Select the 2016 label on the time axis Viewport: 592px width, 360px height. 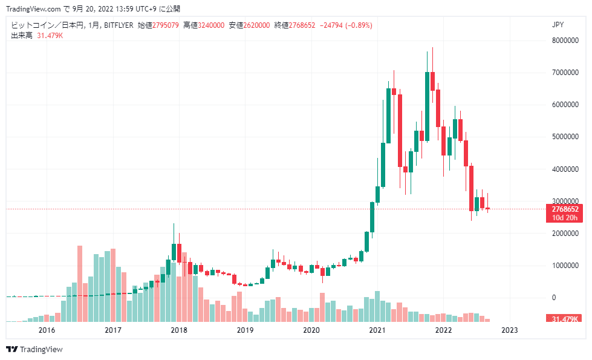[47, 330]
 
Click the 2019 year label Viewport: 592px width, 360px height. [245, 330]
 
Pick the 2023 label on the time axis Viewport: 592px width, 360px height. [510, 330]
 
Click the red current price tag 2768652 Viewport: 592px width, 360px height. [565, 209]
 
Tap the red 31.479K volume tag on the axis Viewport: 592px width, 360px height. [564, 319]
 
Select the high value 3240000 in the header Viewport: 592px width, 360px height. [212, 25]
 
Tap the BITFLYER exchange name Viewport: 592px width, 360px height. [119, 25]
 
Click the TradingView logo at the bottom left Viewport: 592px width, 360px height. [34, 350]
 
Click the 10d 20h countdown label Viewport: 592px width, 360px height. [565, 218]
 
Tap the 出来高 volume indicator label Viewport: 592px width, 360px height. [21, 36]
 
